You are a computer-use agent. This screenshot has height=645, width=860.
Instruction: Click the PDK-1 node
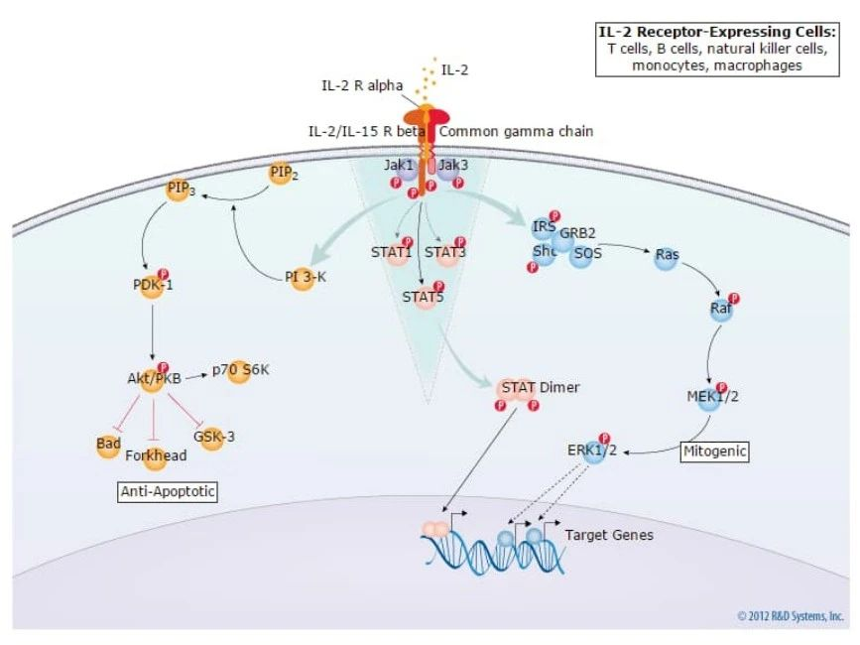(x=152, y=286)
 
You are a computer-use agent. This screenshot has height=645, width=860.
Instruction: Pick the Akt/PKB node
(x=154, y=378)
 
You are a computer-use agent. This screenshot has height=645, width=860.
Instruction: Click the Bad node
(x=109, y=443)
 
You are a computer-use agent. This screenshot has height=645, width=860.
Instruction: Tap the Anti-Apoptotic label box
(x=168, y=491)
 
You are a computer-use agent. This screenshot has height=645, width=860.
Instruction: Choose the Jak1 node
(x=400, y=166)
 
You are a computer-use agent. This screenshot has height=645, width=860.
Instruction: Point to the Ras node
(x=668, y=255)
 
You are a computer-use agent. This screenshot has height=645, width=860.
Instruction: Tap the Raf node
(x=721, y=308)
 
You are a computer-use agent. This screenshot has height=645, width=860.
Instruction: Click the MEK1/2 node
(x=712, y=396)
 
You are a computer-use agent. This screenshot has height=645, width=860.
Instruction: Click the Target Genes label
(x=609, y=535)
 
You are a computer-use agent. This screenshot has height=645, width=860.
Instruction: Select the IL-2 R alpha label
(x=361, y=86)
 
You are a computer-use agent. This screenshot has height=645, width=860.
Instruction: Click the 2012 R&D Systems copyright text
(x=792, y=616)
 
